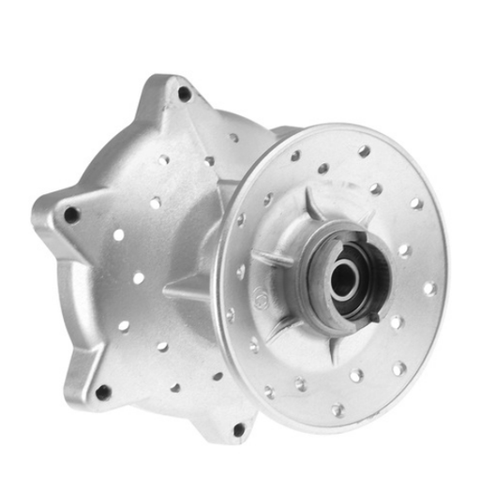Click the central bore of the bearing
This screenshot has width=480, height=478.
pos(343,278)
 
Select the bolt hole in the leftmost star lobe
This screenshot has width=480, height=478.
pos(71,215)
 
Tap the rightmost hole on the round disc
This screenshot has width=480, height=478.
pos(430,289)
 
